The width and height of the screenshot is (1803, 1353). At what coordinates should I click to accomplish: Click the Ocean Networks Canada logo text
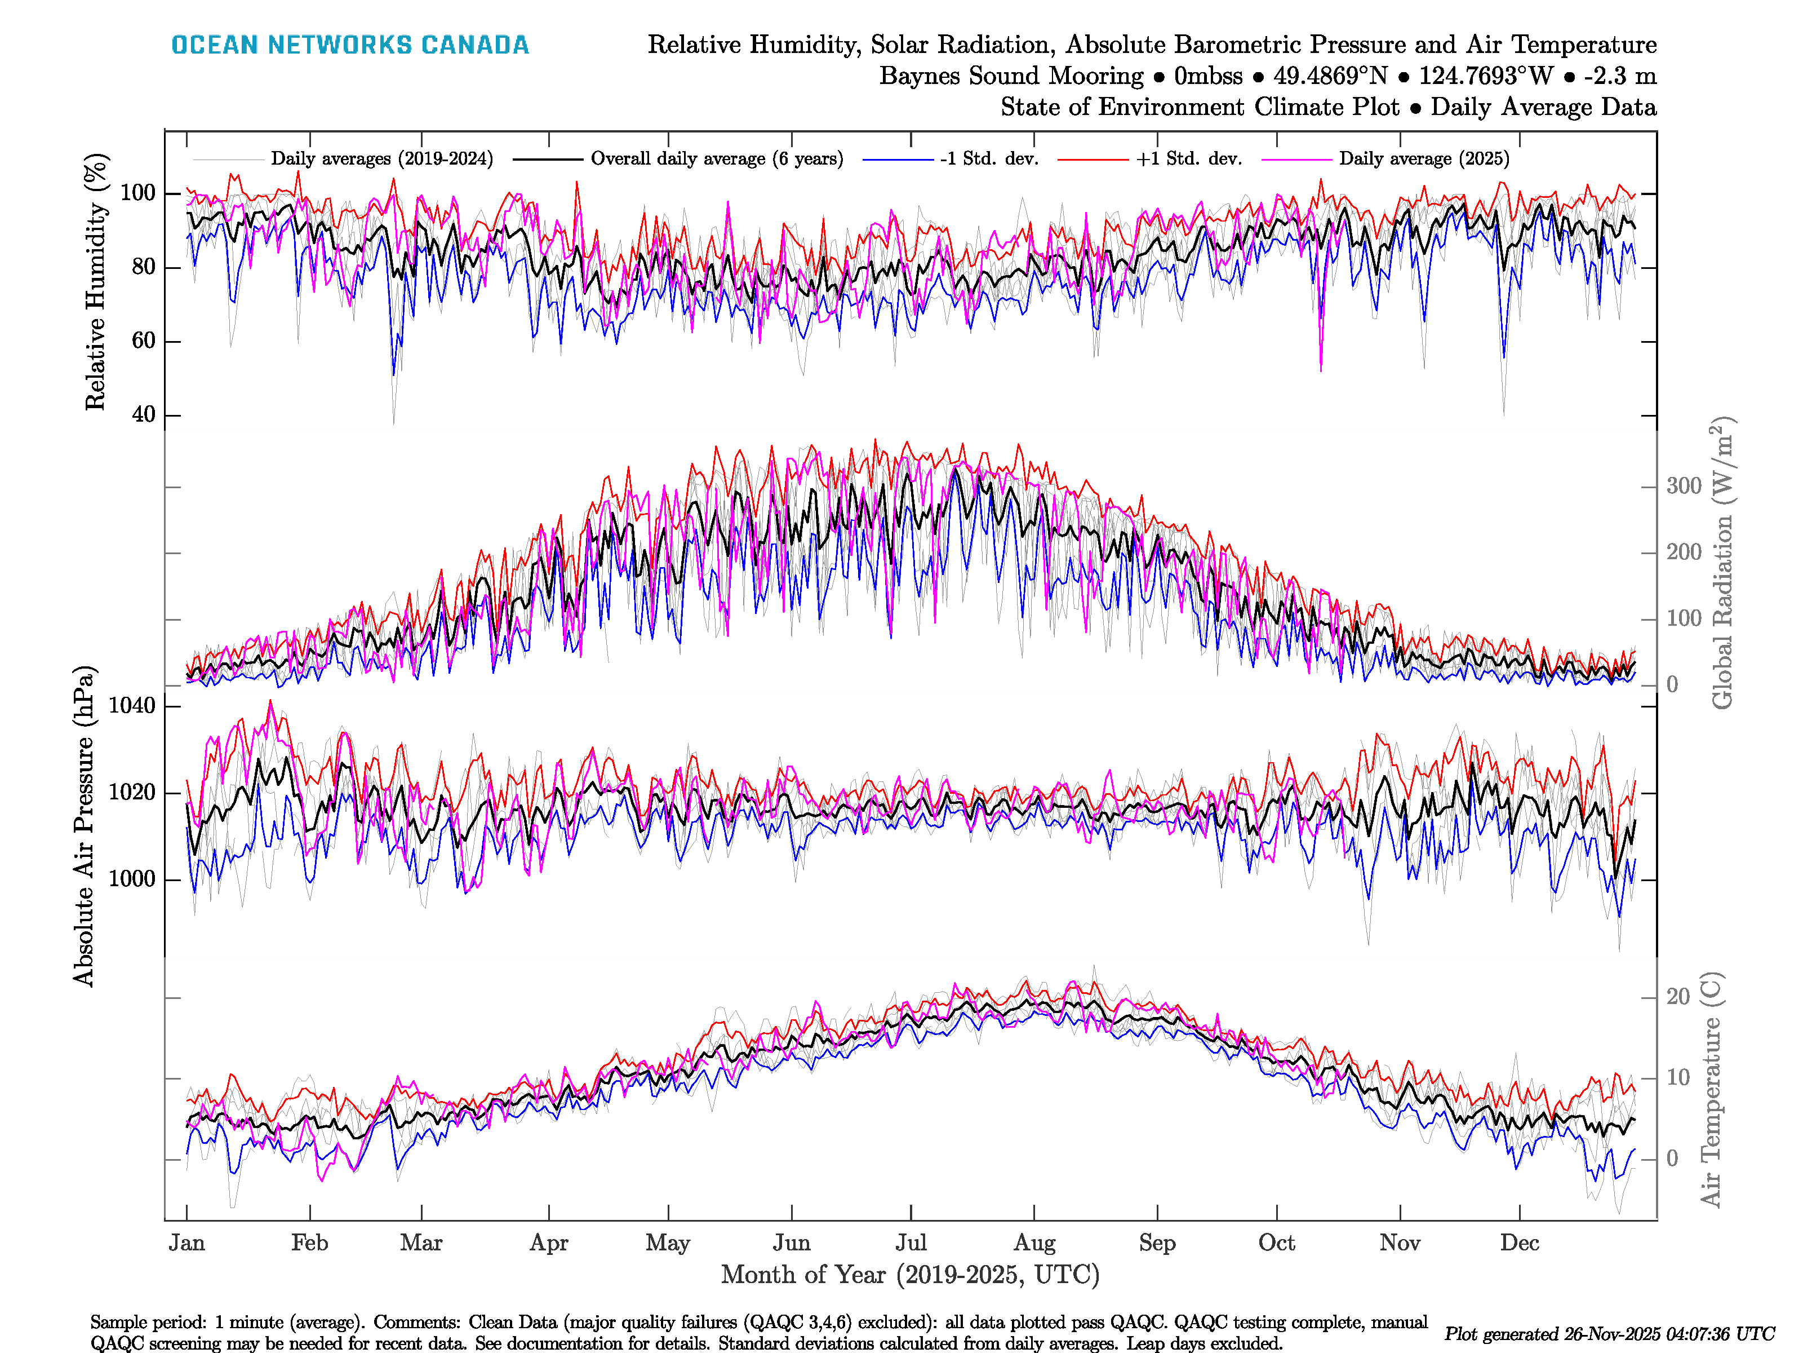[350, 45]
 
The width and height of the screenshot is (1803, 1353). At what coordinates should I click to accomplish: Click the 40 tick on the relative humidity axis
[144, 414]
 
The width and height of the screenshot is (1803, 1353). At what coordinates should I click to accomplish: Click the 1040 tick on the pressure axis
[132, 705]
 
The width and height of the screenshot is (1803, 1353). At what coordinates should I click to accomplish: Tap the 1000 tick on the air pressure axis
[132, 879]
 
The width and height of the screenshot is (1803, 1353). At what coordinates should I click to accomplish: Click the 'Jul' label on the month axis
[911, 1243]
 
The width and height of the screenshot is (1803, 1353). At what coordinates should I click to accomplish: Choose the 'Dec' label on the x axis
[1520, 1243]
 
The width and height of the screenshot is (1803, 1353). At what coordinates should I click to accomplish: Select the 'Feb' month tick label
[310, 1243]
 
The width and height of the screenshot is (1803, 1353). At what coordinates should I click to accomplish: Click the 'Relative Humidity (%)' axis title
[96, 281]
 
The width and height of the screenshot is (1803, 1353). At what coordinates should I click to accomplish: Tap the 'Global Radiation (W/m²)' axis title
[1721, 563]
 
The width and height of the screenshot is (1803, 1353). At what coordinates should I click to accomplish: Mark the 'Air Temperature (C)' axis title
[1711, 1089]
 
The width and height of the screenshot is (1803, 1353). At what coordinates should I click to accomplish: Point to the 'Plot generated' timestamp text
[1609, 1334]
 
